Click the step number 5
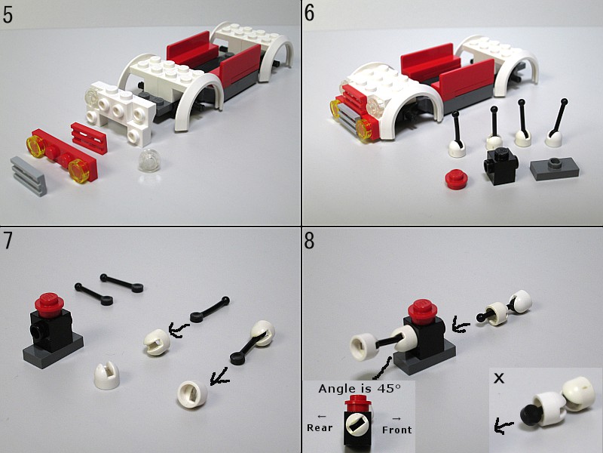pos(8,15)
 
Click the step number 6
pos(309,13)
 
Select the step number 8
pos(309,240)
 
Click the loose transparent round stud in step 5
pos(148,160)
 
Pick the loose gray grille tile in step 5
pos(29,176)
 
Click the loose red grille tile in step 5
pos(89,138)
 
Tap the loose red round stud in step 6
pos(456,180)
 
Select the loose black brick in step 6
pos(500,165)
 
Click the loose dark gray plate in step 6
pos(554,168)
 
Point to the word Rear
pos(319,427)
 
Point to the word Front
pos(397,430)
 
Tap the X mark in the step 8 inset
pos(499,379)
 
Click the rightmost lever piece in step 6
pos(556,123)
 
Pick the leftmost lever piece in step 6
pos(457,135)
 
